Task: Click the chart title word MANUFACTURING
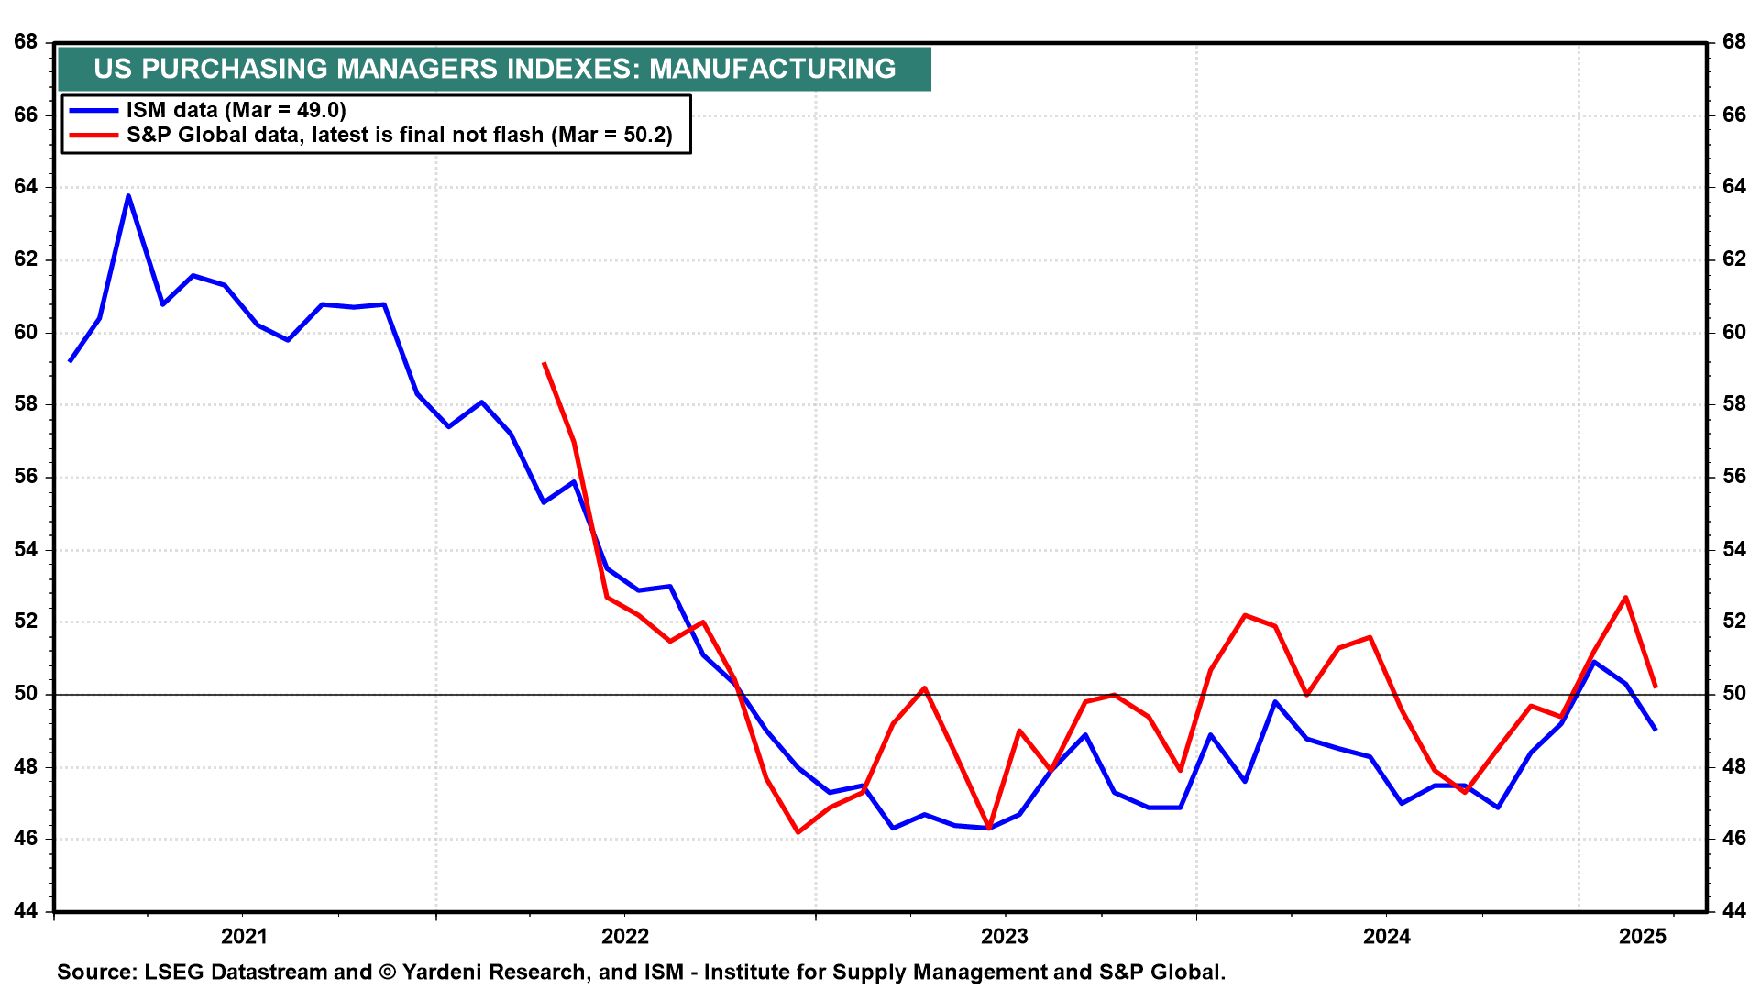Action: coord(773,69)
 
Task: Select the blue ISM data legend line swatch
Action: coord(94,111)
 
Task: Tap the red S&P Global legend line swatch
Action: coord(94,136)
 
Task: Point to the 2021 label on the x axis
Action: coord(244,936)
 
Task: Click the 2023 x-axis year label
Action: coord(1005,936)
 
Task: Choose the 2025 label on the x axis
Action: coord(1642,936)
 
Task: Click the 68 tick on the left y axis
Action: coord(26,42)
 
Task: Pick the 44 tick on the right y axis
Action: coord(1733,911)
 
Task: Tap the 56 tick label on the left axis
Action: coord(26,477)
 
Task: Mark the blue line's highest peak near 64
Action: coord(128,195)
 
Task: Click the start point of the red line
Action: coord(544,363)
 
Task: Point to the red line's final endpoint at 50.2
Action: coord(1655,687)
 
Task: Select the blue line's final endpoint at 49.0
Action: coord(1655,730)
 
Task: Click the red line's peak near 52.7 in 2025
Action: coord(1625,597)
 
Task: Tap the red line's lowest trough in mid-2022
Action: coord(798,832)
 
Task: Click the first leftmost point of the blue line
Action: coord(70,361)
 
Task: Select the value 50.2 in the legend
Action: coord(645,136)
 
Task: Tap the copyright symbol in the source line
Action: coord(387,972)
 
